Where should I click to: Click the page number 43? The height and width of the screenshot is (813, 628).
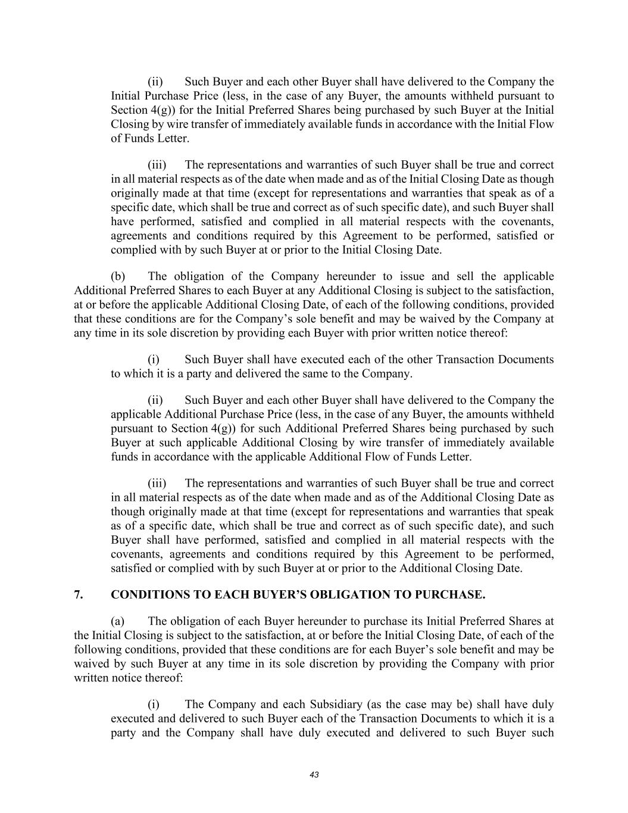(x=314, y=775)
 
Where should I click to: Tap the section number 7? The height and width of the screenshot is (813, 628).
(x=78, y=594)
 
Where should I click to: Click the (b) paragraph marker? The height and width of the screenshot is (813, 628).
(x=118, y=276)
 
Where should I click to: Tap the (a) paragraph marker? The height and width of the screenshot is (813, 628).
(x=118, y=621)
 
